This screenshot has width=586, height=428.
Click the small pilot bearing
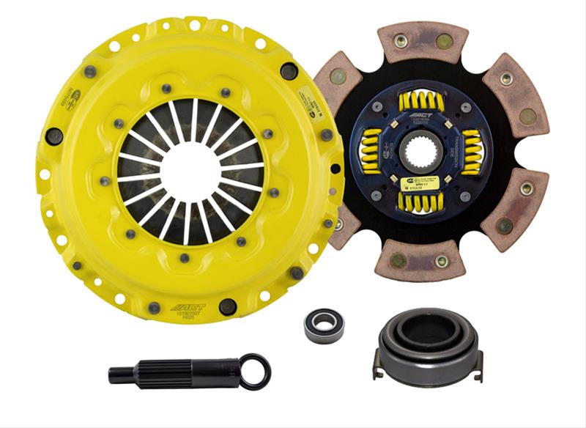click(x=324, y=325)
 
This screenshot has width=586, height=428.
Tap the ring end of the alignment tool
click(x=256, y=372)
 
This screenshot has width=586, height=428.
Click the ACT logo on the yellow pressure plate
click(x=188, y=307)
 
